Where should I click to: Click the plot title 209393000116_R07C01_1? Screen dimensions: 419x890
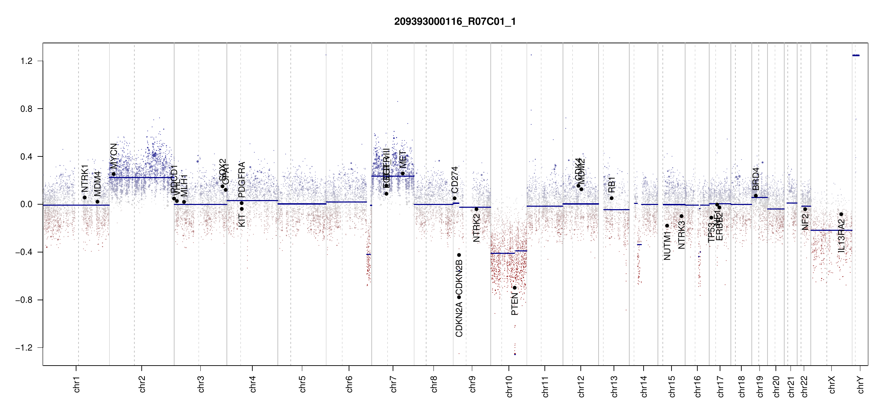tap(455, 22)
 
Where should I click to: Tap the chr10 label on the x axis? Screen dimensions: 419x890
tap(509, 387)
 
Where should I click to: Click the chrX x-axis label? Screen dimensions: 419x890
tap(832, 385)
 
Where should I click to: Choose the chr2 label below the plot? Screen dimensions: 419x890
tap(142, 384)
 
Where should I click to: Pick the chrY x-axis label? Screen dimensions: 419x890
tap(861, 385)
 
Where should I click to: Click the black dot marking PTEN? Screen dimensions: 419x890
tap(514, 288)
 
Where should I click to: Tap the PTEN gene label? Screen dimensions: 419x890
tap(514, 304)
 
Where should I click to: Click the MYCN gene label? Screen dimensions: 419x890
tap(113, 156)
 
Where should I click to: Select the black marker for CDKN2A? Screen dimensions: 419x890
tap(459, 297)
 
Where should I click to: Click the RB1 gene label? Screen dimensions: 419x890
tap(611, 185)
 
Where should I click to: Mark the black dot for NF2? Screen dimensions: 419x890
tap(805, 209)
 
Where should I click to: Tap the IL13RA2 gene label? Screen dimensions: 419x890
tap(841, 236)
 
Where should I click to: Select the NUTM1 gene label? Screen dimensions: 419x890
tap(667, 246)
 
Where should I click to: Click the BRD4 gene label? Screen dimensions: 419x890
tap(756, 179)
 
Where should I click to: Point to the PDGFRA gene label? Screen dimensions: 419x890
tap(242, 180)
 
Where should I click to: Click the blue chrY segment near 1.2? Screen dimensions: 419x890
tap(856, 55)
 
